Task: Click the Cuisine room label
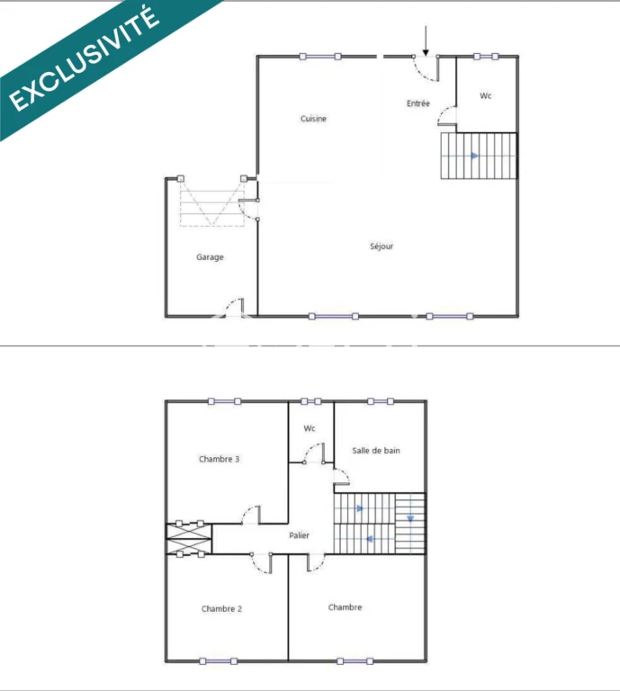pyautogui.click(x=313, y=119)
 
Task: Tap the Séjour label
pyautogui.click(x=382, y=246)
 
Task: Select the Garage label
pyautogui.click(x=210, y=257)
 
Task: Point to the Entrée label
pyautogui.click(x=418, y=103)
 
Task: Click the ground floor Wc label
pyautogui.click(x=486, y=95)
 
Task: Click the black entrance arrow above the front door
pyautogui.click(x=426, y=41)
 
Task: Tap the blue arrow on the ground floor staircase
pyautogui.click(x=474, y=156)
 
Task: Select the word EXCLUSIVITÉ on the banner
pyautogui.click(x=85, y=58)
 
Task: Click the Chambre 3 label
pyautogui.click(x=219, y=459)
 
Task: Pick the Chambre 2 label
pyautogui.click(x=221, y=608)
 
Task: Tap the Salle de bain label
pyautogui.click(x=376, y=451)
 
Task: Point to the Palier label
pyautogui.click(x=299, y=535)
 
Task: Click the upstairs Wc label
pyautogui.click(x=310, y=428)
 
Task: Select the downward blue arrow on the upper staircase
pyautogui.click(x=410, y=519)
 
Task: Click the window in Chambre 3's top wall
pyautogui.click(x=224, y=401)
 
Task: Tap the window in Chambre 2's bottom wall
pyautogui.click(x=218, y=661)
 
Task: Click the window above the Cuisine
pyautogui.click(x=320, y=57)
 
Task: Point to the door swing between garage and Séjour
pyautogui.click(x=248, y=210)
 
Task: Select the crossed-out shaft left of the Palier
pyautogui.click(x=189, y=539)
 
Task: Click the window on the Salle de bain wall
pyautogui.click(x=381, y=401)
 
